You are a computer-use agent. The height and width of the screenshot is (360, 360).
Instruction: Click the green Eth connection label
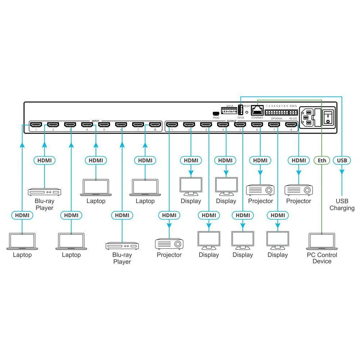point(322,160)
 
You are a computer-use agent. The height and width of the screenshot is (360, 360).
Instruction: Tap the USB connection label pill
point(342,160)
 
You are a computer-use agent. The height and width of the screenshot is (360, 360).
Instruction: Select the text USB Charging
point(342,204)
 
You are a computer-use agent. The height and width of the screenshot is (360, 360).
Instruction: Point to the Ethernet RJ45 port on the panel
point(257,111)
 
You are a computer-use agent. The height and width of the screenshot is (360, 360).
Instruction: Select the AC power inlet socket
point(307,117)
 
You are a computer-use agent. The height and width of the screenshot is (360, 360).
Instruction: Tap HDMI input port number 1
point(36,125)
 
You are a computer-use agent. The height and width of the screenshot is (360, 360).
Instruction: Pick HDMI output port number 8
point(291,125)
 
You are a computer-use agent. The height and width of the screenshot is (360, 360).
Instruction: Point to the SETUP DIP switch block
point(229,112)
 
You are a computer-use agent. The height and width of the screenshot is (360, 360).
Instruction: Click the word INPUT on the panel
point(95,121)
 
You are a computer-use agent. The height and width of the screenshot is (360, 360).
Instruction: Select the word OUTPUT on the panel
point(231,121)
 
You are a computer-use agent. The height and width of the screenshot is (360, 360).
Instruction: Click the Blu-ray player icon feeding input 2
point(45,192)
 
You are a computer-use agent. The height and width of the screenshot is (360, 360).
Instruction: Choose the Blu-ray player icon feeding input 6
point(122,246)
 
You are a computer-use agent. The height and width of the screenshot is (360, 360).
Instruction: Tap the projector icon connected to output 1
point(169,244)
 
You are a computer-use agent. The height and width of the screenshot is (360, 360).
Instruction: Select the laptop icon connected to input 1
point(22,241)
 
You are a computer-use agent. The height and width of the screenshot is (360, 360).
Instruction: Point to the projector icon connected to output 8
point(298,190)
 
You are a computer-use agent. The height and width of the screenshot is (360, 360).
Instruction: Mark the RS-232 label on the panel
point(293,118)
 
